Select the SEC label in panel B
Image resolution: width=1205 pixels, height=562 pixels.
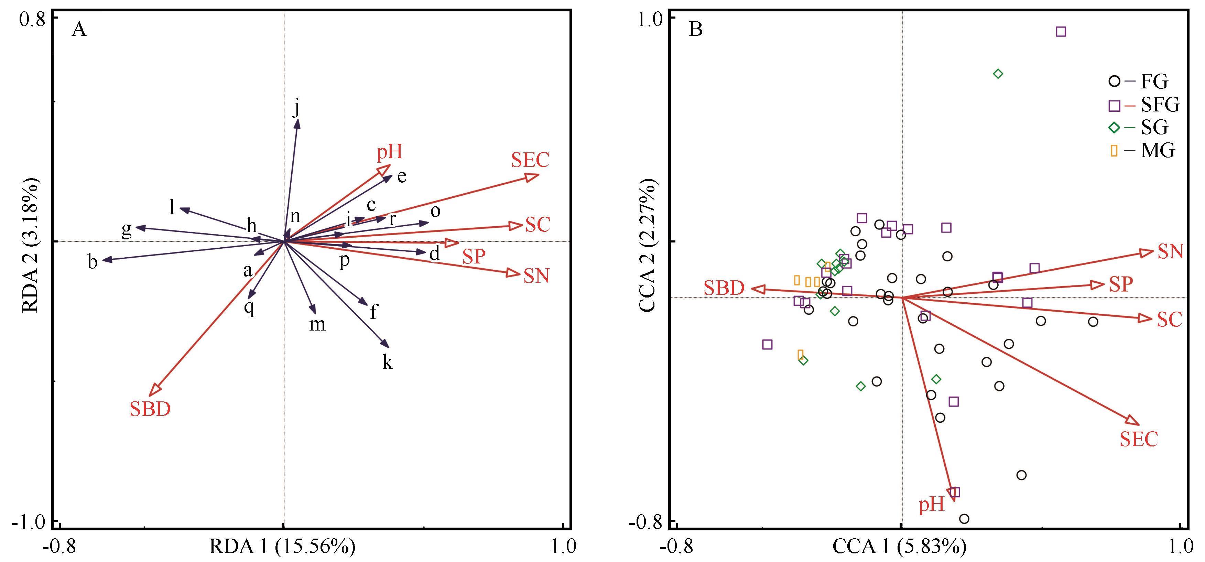(x=1139, y=439)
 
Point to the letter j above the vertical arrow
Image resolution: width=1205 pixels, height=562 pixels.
(x=296, y=107)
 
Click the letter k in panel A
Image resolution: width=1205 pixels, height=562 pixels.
(x=387, y=362)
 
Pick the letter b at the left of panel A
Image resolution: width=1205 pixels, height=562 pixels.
(x=93, y=262)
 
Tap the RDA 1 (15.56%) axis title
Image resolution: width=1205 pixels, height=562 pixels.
(x=283, y=547)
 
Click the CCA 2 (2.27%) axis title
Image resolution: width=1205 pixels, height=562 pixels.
(x=649, y=245)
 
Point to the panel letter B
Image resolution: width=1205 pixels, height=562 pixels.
(x=696, y=30)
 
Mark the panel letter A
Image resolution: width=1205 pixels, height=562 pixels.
(x=79, y=30)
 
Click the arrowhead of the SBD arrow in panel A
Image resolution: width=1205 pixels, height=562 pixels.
(x=155, y=389)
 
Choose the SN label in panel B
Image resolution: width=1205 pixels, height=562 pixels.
(x=1170, y=252)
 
